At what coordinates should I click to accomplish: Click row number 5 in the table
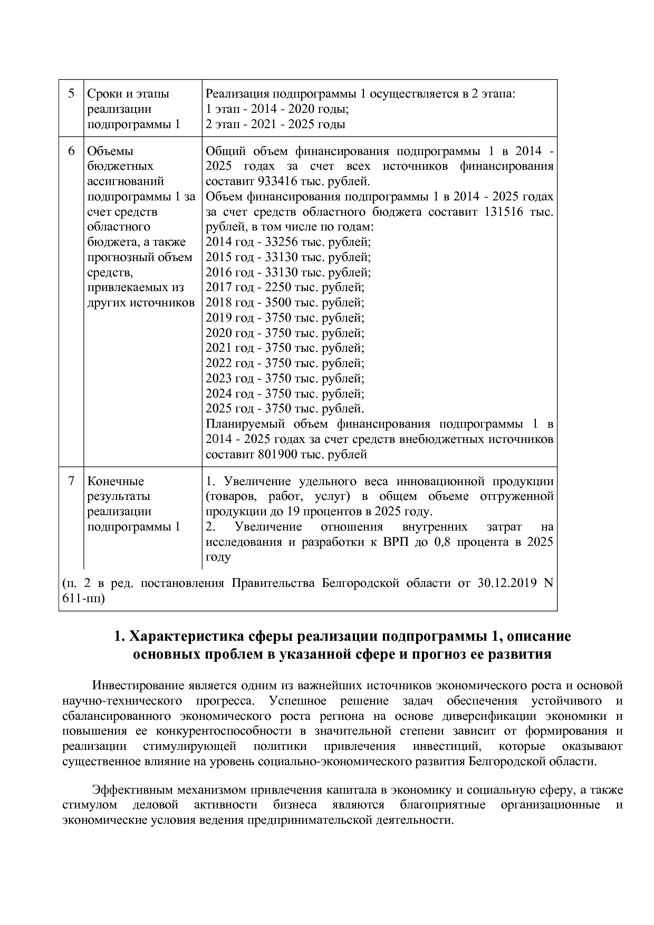tap(71, 94)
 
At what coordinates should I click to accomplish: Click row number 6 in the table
tap(71, 151)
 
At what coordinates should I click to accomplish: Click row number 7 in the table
tap(71, 481)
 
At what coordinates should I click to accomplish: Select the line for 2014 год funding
tap(288, 242)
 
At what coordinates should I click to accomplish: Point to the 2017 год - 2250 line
tap(285, 287)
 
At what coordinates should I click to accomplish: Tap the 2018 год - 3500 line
tap(285, 303)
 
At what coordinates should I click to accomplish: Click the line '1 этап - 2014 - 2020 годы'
tap(277, 109)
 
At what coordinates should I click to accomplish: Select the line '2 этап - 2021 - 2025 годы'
tap(275, 124)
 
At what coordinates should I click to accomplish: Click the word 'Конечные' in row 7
tap(116, 481)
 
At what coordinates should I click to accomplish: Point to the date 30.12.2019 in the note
tap(506, 583)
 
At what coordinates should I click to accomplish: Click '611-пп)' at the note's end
tap(83, 599)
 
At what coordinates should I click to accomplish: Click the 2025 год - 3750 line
tap(285, 409)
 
